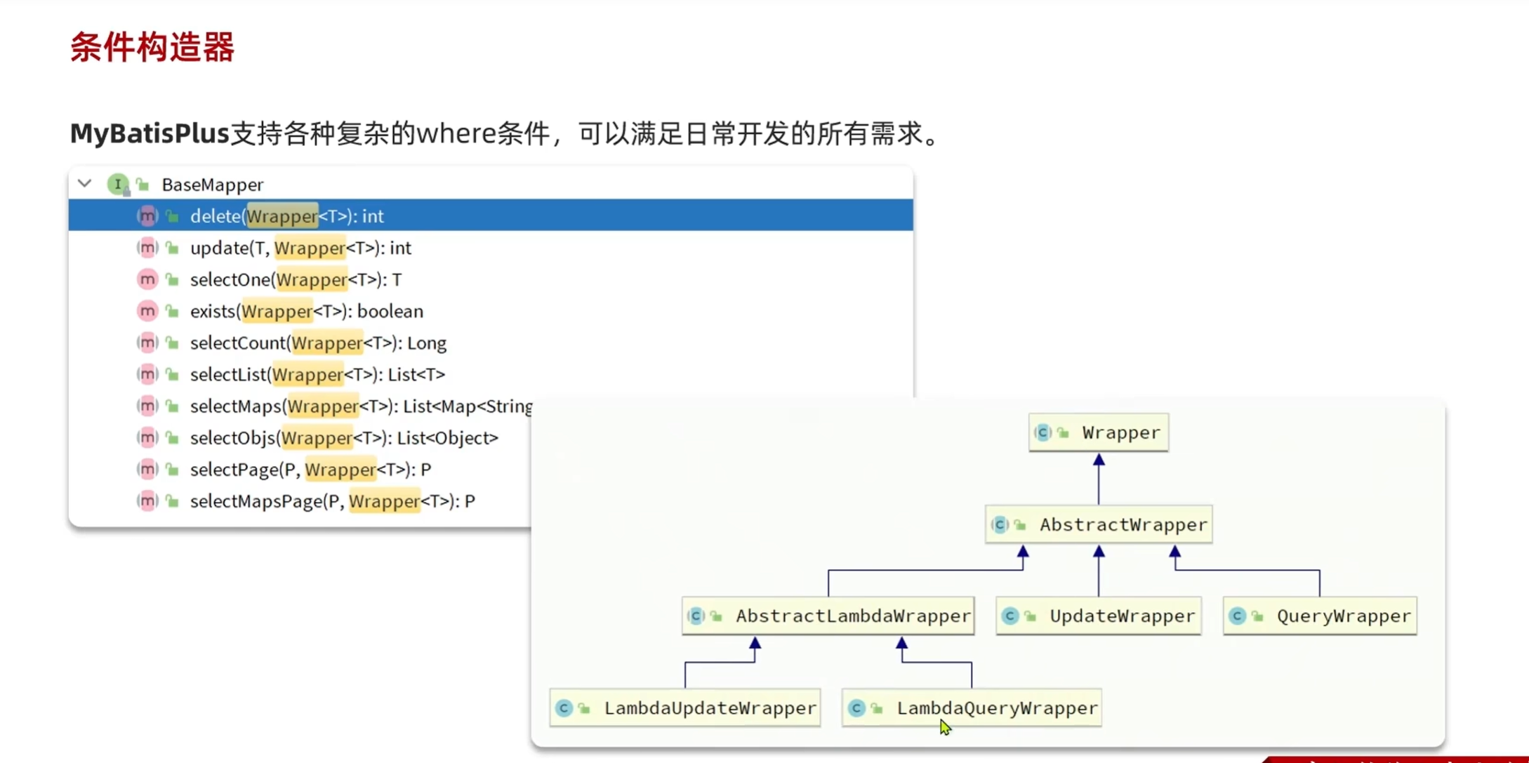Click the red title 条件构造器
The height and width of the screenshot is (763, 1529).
(x=152, y=48)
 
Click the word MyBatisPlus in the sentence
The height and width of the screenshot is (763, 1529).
(x=150, y=133)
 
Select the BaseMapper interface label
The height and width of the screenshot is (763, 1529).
(x=212, y=185)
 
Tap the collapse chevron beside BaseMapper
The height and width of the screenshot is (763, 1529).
(x=85, y=184)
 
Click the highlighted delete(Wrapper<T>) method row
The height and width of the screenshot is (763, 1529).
(x=286, y=216)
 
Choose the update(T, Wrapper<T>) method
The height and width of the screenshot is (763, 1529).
(x=300, y=248)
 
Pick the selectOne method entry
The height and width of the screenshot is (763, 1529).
(x=295, y=279)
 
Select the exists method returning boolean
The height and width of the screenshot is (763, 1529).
(x=306, y=311)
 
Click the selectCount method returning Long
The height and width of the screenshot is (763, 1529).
(x=317, y=343)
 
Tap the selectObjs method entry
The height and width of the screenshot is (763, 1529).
(x=343, y=438)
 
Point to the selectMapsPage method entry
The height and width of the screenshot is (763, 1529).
(x=332, y=501)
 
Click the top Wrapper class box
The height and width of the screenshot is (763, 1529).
(x=1099, y=432)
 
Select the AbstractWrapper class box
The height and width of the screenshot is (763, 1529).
(x=1099, y=524)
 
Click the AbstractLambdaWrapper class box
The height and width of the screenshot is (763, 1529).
(x=828, y=616)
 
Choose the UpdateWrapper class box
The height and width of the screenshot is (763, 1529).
(x=1099, y=616)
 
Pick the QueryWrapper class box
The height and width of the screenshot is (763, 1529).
(x=1320, y=616)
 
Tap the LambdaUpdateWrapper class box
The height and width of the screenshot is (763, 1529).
(x=685, y=708)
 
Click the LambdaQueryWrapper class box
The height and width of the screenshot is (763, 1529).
(x=972, y=708)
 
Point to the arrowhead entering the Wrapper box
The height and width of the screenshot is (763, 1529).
(x=1099, y=460)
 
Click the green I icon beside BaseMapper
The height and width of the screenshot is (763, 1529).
(x=118, y=184)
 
